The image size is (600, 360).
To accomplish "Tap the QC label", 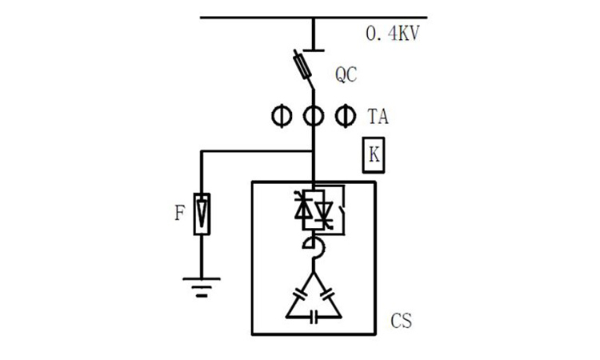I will [346, 74].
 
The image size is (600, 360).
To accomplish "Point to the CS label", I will [402, 322].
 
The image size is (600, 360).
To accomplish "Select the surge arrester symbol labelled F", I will [202, 214].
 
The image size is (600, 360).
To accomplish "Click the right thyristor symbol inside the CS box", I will [323, 210].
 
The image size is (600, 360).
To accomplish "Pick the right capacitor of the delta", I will [330, 294].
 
